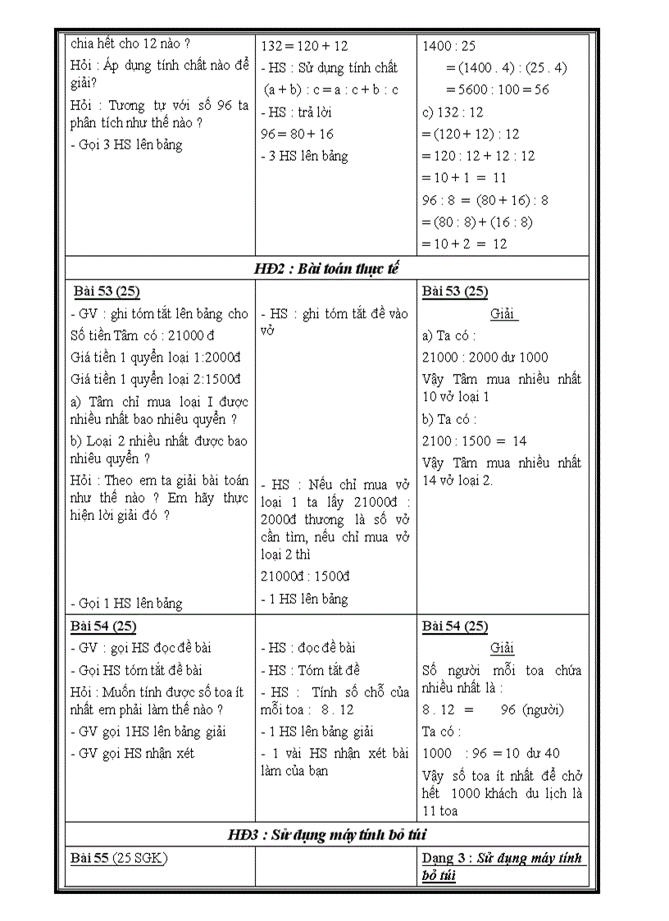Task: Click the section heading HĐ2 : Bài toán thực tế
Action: tap(326, 269)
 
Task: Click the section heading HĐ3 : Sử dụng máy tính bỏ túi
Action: tap(326, 835)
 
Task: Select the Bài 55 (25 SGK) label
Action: tap(119, 858)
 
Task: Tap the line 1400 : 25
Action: tap(448, 47)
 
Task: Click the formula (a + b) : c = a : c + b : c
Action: tap(330, 90)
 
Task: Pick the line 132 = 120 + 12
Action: tap(304, 47)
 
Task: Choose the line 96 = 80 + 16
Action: tap(297, 135)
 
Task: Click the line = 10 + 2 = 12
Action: tap(464, 244)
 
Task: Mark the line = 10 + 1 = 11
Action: tap(464, 178)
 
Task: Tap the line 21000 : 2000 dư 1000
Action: tap(485, 358)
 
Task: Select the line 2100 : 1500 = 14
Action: tap(475, 441)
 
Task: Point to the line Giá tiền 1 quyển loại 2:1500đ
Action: tap(156, 379)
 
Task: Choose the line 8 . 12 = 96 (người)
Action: tap(493, 710)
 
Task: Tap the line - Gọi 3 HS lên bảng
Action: tap(126, 145)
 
